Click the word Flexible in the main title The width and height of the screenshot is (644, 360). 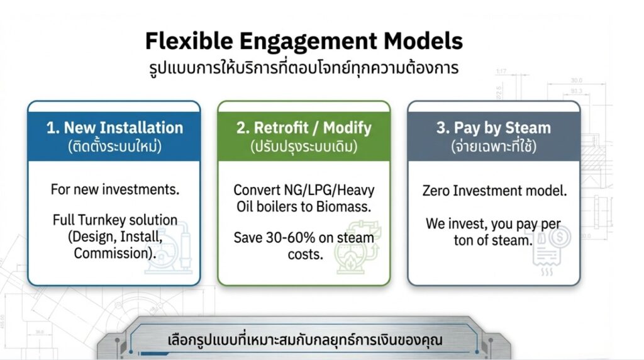(189, 41)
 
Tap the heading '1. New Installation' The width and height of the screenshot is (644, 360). (114, 127)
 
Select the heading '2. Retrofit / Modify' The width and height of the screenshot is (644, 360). (304, 127)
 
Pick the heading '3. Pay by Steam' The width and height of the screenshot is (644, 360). (494, 127)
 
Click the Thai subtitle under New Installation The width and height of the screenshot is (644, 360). (114, 146)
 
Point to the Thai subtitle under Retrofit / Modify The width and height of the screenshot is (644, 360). (304, 146)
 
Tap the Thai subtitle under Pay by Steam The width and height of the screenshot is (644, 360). (494, 146)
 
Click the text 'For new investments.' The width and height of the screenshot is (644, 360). (115, 189)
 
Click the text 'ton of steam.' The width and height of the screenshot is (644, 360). (493, 240)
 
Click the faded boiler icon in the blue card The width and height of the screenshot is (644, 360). (169, 248)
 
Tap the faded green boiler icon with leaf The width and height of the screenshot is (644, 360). (357, 247)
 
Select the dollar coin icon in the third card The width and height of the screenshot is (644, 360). (560, 237)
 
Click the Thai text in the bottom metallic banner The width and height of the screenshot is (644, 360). (304, 340)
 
